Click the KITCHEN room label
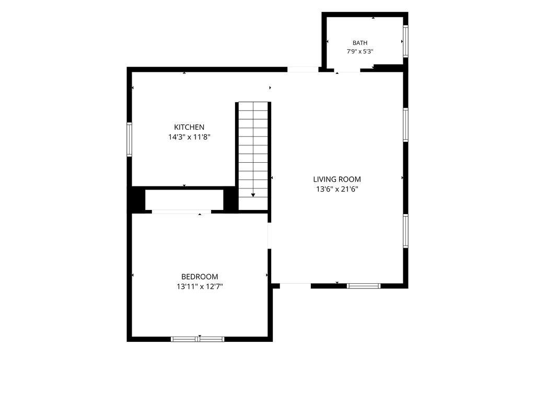(x=189, y=127)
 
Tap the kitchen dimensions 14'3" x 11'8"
(x=189, y=138)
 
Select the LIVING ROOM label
(x=337, y=179)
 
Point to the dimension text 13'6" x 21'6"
(x=337, y=189)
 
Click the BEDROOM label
(x=200, y=276)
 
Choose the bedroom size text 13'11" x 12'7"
(x=200, y=286)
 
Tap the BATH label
(x=360, y=43)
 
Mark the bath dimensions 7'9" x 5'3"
(x=360, y=52)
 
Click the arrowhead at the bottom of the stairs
(x=253, y=195)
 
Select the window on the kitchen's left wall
(x=130, y=139)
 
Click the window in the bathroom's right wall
(x=405, y=41)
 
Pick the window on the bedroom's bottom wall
(x=197, y=339)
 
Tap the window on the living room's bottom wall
(x=364, y=286)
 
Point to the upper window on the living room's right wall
(x=405, y=125)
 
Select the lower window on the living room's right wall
(x=405, y=231)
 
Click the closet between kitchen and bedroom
(x=184, y=199)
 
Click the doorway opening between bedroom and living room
(x=269, y=236)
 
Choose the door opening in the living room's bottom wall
(x=296, y=286)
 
